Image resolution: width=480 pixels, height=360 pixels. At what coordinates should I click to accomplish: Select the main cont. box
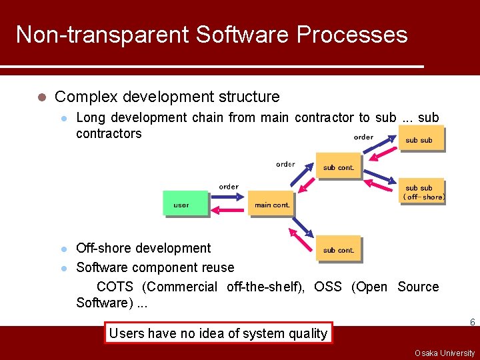tap(271, 204)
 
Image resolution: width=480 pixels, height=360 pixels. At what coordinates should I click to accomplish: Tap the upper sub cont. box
tap(338, 167)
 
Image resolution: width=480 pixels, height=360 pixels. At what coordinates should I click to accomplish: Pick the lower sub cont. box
tap(338, 249)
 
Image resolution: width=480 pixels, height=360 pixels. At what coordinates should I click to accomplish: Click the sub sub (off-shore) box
tap(423, 192)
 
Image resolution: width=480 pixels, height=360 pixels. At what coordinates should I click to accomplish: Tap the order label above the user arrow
tap(228, 187)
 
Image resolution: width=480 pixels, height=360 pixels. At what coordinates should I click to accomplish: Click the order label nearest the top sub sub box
tap(363, 137)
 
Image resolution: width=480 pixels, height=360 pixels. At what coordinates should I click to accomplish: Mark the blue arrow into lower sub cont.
tap(304, 231)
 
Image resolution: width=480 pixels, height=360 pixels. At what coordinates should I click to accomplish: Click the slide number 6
tap(472, 323)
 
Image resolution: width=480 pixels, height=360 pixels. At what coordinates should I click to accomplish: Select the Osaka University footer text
tap(444, 353)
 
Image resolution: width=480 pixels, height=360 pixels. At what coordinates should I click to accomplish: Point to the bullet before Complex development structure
tap(41, 97)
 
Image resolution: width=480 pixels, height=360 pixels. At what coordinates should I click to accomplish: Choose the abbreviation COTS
tap(116, 287)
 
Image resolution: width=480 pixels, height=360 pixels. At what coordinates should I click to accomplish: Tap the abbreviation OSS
tap(327, 287)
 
